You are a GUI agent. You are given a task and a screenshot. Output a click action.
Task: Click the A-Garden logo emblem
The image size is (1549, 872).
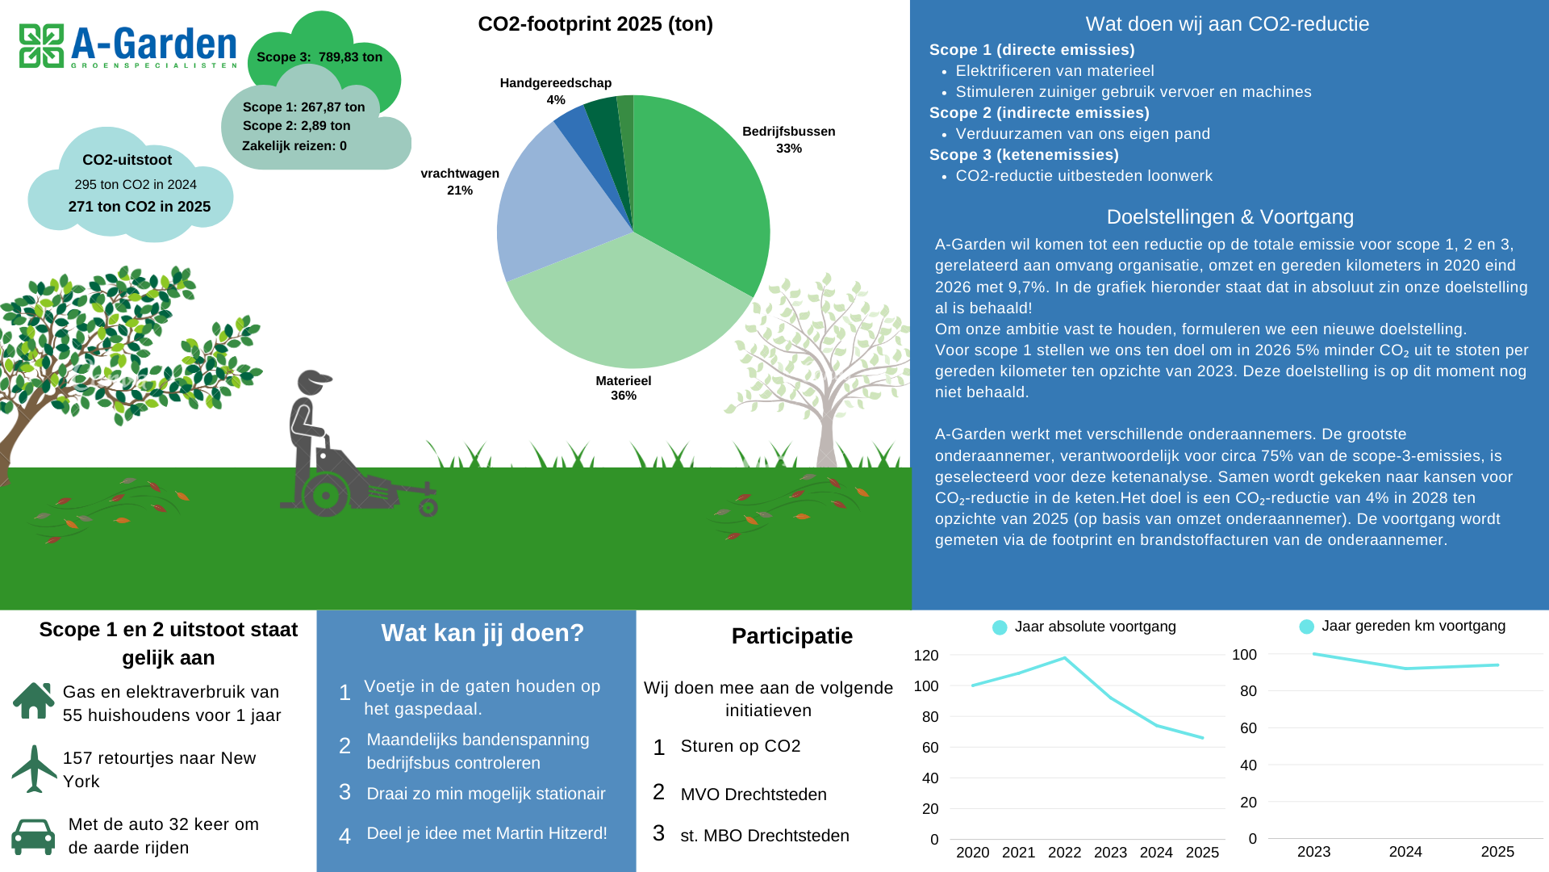click(x=41, y=46)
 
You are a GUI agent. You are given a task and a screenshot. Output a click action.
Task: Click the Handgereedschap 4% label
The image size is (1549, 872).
click(x=555, y=90)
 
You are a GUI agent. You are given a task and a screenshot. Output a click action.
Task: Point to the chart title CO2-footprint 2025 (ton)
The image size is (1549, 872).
click(x=595, y=24)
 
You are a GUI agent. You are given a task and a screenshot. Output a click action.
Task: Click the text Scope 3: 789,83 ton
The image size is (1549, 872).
click(x=319, y=57)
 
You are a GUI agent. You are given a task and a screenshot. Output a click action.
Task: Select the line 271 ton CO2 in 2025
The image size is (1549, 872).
click(x=139, y=207)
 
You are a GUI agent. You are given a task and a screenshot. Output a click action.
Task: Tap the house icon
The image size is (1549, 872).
click(x=34, y=701)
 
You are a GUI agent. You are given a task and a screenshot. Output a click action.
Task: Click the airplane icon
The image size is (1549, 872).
click(x=34, y=769)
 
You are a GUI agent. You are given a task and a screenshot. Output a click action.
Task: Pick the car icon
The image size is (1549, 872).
click(x=34, y=837)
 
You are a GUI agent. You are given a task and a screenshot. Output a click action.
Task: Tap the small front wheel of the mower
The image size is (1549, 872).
click(x=428, y=507)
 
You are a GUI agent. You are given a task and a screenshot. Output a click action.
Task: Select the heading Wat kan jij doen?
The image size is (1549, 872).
click(x=482, y=633)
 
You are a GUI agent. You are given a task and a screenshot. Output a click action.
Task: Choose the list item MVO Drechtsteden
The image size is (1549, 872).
click(x=754, y=794)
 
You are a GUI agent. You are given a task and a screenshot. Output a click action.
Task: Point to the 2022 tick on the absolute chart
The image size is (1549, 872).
click(x=1064, y=853)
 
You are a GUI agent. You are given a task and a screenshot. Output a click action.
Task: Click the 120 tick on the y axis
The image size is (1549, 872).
click(x=926, y=656)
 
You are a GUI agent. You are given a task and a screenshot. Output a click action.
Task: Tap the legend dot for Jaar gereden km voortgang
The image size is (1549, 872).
click(x=1307, y=627)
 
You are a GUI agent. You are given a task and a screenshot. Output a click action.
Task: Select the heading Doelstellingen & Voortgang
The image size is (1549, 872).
click(x=1230, y=217)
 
